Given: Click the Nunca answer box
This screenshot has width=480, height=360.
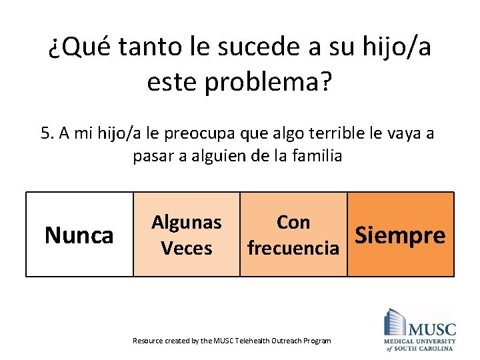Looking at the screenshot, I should [x=79, y=234].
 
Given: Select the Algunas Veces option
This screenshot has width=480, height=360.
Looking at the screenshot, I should [x=187, y=234].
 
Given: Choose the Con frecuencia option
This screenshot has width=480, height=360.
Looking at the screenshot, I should [x=293, y=234].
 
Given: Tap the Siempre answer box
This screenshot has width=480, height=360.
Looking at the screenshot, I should [x=400, y=234].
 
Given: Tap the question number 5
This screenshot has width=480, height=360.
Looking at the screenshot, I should [x=45, y=133].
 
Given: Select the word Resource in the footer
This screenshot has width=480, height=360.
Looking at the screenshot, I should [x=147, y=341].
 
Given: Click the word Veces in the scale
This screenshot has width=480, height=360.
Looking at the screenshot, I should [x=187, y=248].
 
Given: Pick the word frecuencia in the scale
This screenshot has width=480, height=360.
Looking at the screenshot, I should [x=293, y=248].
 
